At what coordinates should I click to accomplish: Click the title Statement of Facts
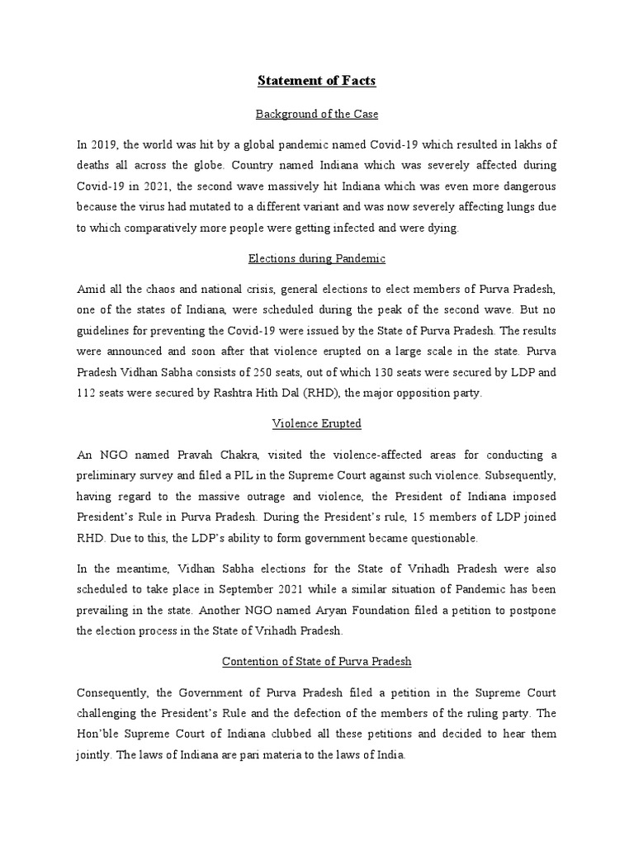pyautogui.click(x=317, y=81)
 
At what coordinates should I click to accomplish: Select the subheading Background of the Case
pyautogui.click(x=317, y=113)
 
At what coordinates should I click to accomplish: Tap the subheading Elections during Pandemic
pyautogui.click(x=317, y=259)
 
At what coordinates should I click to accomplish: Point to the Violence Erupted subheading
pyautogui.click(x=317, y=424)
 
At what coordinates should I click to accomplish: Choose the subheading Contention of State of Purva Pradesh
pyautogui.click(x=317, y=662)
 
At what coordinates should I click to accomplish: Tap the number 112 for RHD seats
pyautogui.click(x=86, y=394)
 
